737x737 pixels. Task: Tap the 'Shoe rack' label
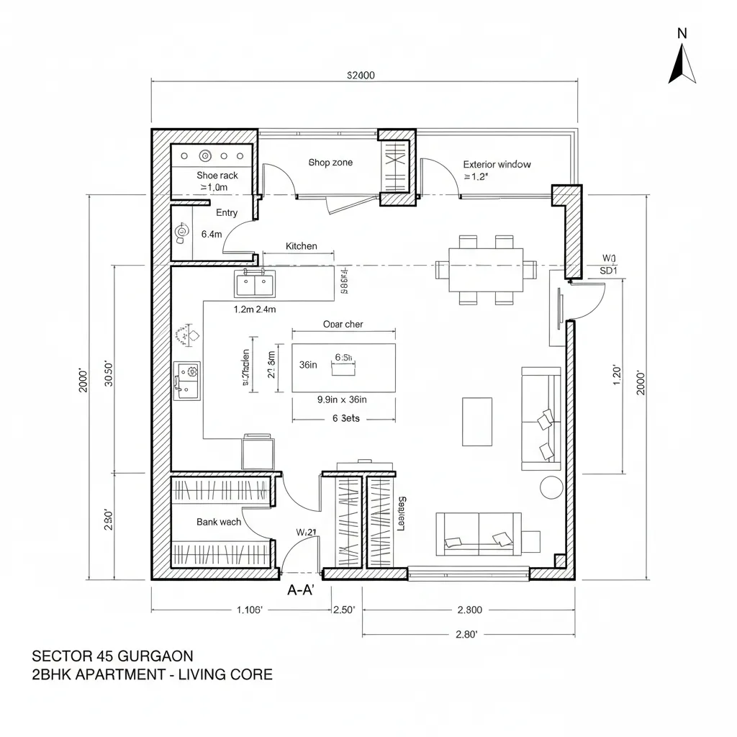(x=217, y=175)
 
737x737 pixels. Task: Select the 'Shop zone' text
(x=330, y=163)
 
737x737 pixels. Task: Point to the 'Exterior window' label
(x=497, y=164)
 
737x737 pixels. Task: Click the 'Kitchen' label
(x=301, y=246)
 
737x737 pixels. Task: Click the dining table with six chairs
(x=486, y=270)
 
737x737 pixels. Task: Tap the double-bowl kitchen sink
(x=254, y=284)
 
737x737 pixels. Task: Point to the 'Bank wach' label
(x=219, y=522)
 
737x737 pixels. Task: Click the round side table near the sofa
(x=551, y=487)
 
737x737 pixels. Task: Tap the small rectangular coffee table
(x=476, y=421)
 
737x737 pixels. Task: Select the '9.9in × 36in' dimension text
(x=343, y=400)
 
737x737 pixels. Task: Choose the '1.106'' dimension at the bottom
(x=250, y=610)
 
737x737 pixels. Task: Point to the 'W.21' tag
(x=307, y=532)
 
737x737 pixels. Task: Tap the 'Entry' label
(x=227, y=212)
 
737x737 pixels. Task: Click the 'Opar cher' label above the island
(x=343, y=324)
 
